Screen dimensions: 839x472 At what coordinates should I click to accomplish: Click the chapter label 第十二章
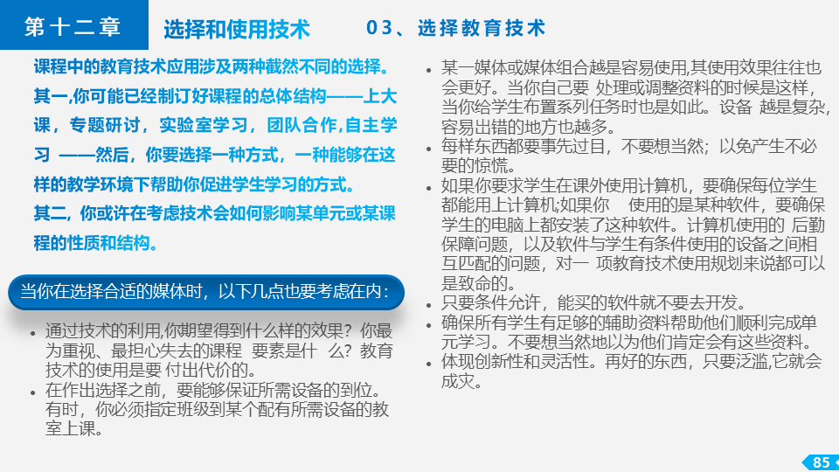(x=73, y=27)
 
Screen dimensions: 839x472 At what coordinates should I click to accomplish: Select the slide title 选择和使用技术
(x=237, y=30)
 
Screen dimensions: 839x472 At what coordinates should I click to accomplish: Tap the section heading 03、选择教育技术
(x=456, y=28)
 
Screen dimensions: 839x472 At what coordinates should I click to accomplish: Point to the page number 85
(x=821, y=462)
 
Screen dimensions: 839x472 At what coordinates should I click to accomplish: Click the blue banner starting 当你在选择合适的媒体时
(x=206, y=292)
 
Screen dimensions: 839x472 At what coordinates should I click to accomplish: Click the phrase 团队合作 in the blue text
(x=302, y=125)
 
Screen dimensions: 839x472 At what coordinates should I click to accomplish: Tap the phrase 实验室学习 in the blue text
(x=204, y=125)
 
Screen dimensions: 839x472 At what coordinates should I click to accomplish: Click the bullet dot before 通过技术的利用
(x=33, y=333)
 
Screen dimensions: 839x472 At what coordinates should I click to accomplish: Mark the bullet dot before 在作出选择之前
(x=33, y=392)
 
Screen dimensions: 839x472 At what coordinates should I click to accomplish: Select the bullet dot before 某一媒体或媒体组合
(x=428, y=70)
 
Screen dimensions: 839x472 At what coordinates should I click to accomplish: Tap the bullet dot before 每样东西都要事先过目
(x=428, y=149)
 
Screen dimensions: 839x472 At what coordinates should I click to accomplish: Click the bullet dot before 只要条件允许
(x=428, y=305)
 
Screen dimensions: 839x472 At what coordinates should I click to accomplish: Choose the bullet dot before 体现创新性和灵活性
(x=428, y=364)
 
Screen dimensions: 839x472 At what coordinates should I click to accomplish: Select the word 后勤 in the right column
(x=808, y=225)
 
